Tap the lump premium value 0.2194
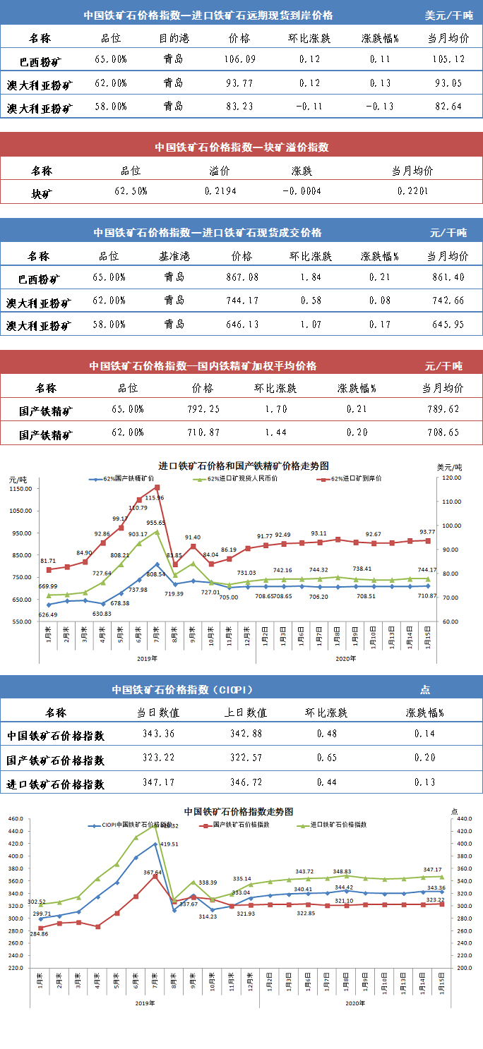point(220,191)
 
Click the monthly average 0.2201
point(412,191)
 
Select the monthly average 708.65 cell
point(442,432)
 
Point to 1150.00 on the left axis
point(22,488)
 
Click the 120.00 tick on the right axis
point(450,478)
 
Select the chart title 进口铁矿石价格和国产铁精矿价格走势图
point(244,466)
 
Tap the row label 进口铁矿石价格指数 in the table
point(56,783)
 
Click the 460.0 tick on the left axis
point(16,819)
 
